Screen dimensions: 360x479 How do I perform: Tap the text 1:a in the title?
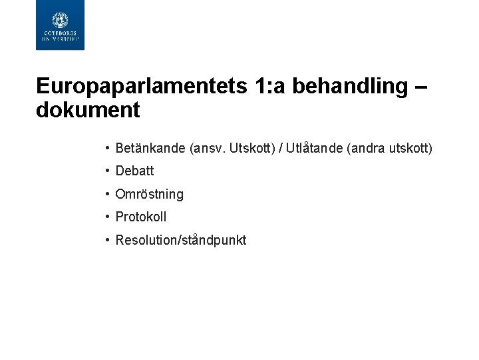(x=269, y=86)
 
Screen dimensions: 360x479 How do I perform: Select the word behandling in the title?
(x=350, y=86)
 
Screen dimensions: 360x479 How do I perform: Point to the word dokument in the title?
(x=88, y=110)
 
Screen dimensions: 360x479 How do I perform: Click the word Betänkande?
(x=150, y=148)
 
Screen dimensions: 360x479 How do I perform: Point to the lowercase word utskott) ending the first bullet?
(x=409, y=148)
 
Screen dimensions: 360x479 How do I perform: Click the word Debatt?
(x=134, y=171)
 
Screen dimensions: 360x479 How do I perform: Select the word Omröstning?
(x=149, y=194)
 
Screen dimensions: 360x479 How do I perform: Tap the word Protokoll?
(x=141, y=217)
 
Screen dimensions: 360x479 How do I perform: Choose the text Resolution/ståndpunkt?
(x=180, y=240)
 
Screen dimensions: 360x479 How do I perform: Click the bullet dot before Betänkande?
(x=107, y=148)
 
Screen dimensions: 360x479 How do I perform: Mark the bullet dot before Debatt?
(x=107, y=171)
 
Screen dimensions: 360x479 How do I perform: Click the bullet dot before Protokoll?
(x=107, y=217)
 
